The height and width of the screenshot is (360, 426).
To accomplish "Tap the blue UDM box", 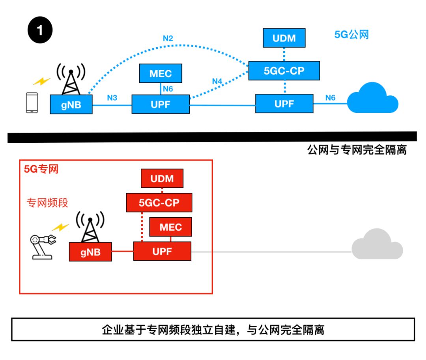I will (x=284, y=38).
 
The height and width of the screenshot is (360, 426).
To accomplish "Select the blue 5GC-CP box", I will (x=284, y=71).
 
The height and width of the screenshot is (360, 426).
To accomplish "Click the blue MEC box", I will (x=161, y=74).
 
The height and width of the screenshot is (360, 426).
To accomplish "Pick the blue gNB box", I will (x=71, y=104).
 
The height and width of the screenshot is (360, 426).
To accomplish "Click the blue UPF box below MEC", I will (x=161, y=104).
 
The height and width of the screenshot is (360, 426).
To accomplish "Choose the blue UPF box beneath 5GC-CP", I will (x=284, y=104).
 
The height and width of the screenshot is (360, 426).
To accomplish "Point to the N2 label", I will (x=168, y=38).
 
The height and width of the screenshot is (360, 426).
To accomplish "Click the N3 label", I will (x=112, y=97).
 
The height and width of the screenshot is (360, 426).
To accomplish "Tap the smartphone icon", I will (x=32, y=103).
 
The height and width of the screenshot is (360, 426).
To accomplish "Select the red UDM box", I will (x=162, y=179).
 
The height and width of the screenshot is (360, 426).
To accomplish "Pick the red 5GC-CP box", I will (x=159, y=203).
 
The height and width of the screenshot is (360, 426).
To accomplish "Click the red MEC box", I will (x=171, y=227).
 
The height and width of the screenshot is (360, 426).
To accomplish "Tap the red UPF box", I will (x=162, y=251).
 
